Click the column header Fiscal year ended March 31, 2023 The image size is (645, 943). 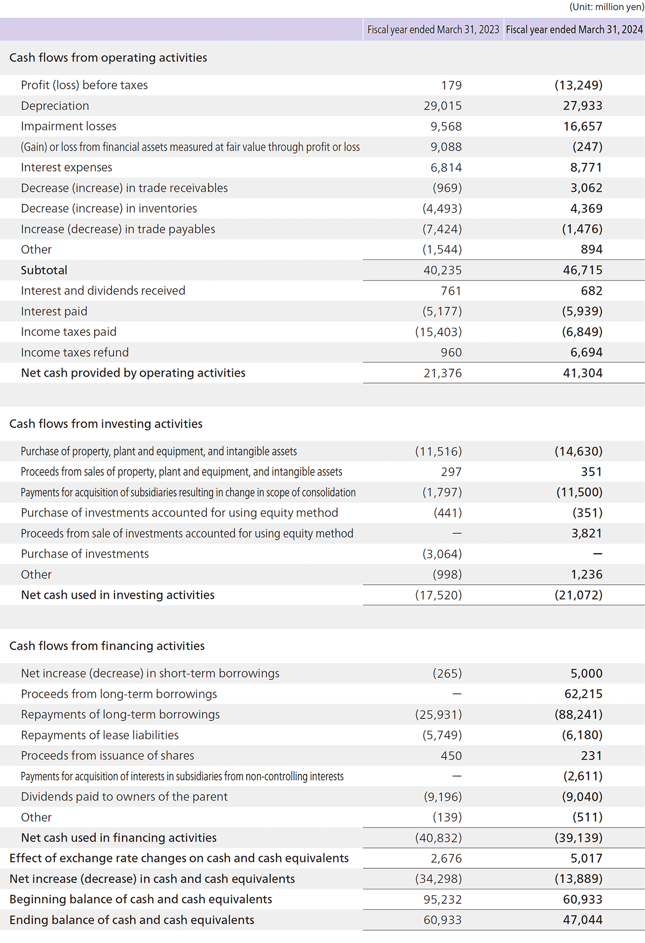tap(433, 30)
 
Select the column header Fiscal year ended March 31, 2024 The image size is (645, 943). tap(574, 30)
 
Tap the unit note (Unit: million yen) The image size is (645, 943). tap(606, 7)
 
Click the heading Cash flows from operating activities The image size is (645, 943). tap(108, 57)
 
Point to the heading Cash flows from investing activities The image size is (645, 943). tap(106, 423)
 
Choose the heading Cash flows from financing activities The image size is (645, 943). tap(107, 645)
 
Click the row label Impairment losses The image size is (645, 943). tap(69, 126)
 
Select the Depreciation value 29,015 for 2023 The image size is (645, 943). tap(442, 106)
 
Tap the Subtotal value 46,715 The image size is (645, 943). tap(583, 270)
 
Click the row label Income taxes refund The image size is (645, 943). tap(75, 352)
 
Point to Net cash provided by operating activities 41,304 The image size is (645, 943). tap(583, 373)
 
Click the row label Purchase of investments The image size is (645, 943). tap(85, 554)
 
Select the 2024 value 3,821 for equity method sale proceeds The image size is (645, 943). tap(587, 533)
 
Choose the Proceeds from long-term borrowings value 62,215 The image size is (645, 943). tap(583, 694)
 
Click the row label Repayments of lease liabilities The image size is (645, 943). tap(100, 735)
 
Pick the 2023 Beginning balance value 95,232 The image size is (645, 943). tap(442, 899)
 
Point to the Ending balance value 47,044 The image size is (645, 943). tap(583, 919)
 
